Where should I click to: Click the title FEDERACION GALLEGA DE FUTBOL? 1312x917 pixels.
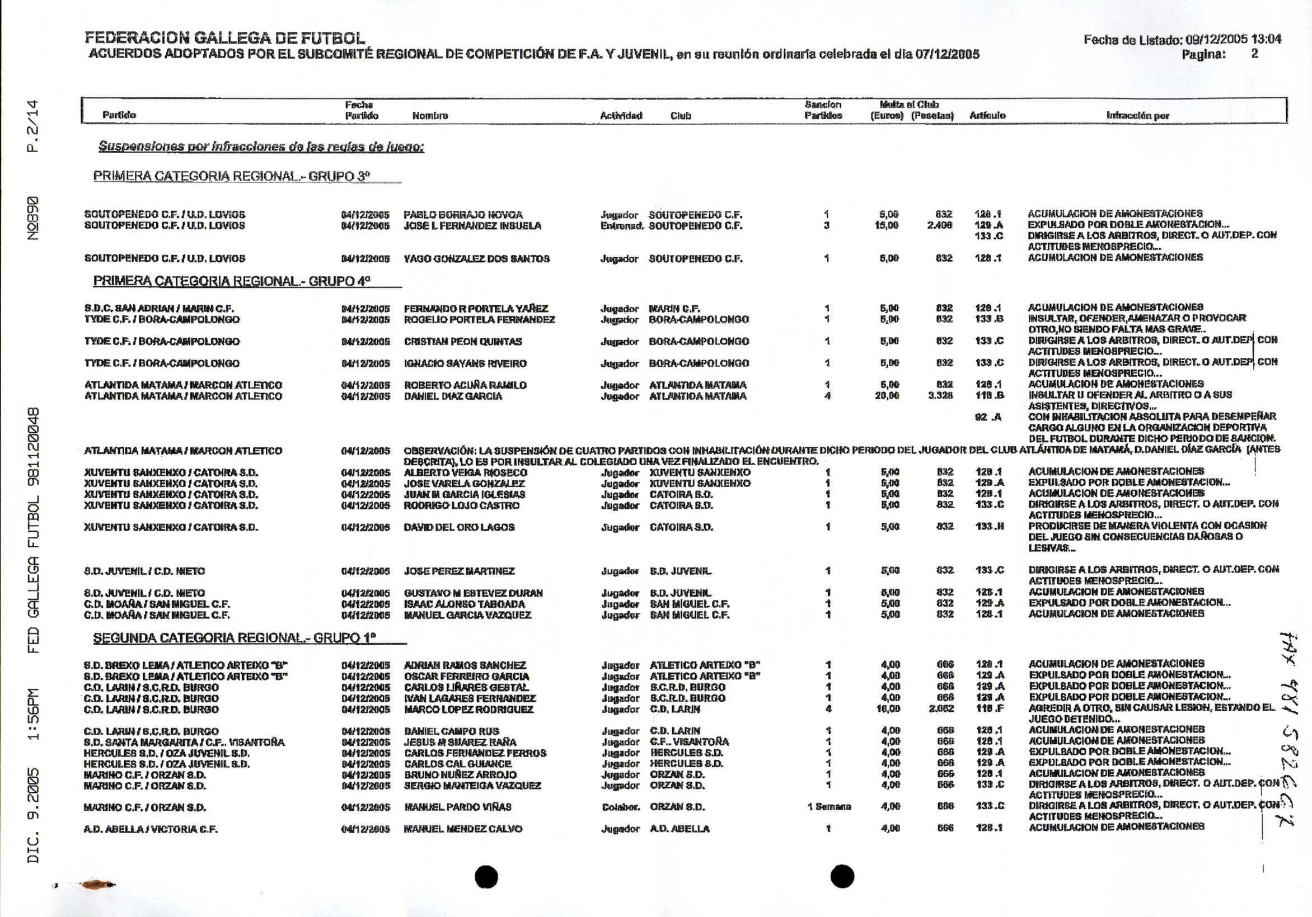tap(224, 38)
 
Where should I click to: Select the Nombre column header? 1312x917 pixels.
tap(430, 115)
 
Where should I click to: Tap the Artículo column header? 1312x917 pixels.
tap(987, 115)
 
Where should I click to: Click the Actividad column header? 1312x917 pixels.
tap(621, 115)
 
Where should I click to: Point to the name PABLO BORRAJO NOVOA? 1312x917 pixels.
tap(463, 215)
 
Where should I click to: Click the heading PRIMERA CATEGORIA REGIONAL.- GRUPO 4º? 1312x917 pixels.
tap(231, 281)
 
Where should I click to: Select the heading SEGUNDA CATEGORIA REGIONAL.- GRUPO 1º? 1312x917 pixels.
tap(235, 638)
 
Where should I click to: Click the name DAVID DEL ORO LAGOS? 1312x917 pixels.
tap(459, 527)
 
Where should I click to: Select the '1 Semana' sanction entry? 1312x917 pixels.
tap(828, 807)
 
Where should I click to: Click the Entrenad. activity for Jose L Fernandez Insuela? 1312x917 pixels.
tap(622, 225)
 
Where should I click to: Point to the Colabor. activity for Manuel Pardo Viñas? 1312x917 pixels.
tap(620, 807)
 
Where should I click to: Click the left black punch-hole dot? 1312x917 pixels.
tap(486, 876)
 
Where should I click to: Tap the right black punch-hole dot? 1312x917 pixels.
tap(842, 876)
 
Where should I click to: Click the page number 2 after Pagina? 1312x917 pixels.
tap(1254, 54)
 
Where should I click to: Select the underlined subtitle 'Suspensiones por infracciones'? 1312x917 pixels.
tap(261, 146)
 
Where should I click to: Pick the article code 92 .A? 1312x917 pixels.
tap(987, 417)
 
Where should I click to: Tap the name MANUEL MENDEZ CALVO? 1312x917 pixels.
tap(463, 829)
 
